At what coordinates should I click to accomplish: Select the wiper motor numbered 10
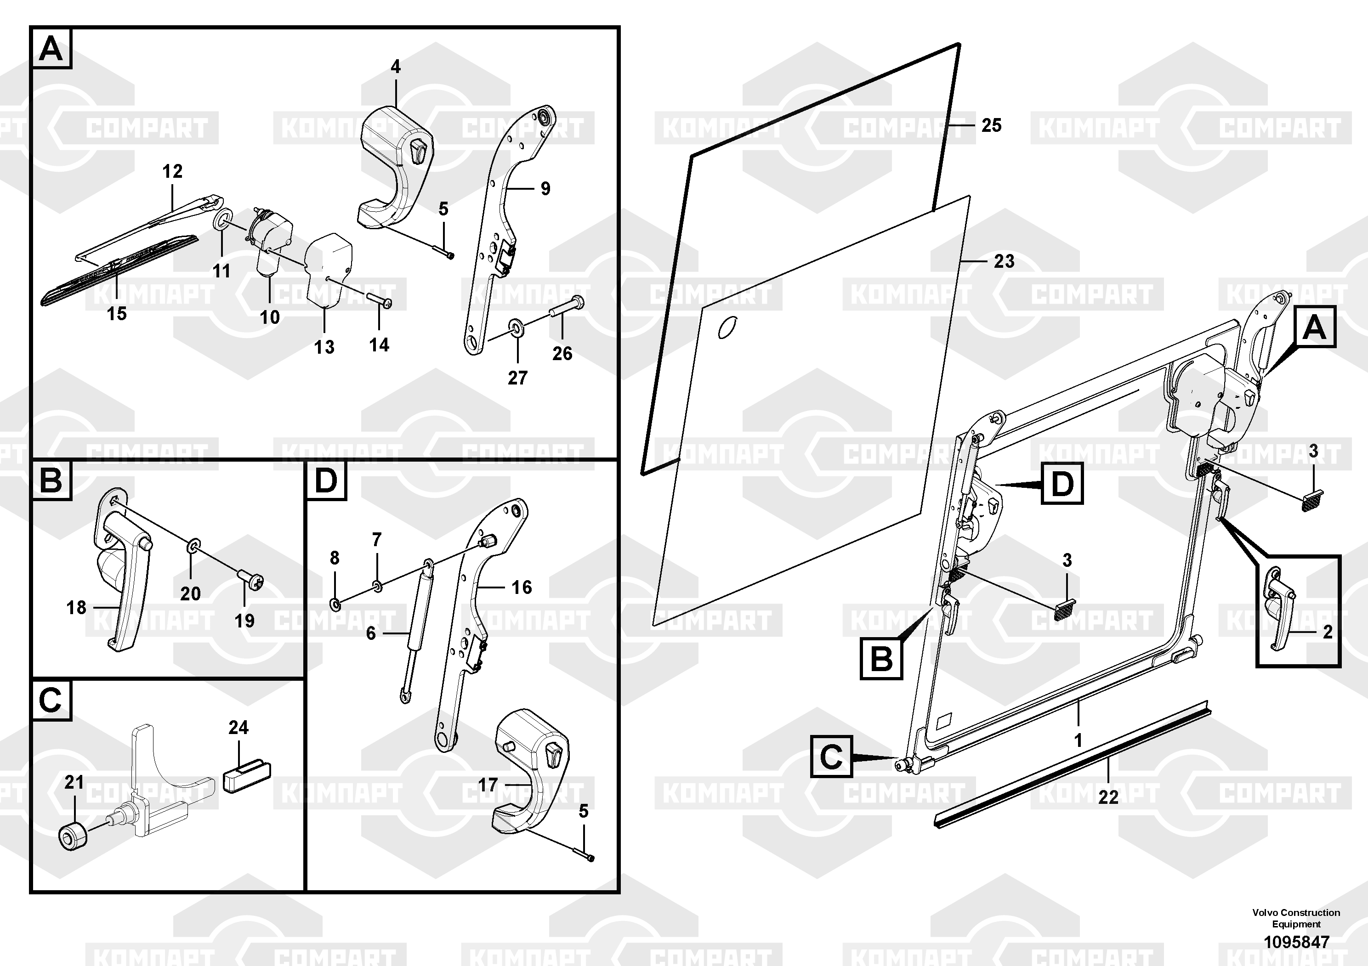click(x=272, y=238)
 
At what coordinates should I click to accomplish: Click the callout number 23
click(x=1004, y=261)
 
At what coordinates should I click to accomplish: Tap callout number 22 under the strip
click(x=1108, y=797)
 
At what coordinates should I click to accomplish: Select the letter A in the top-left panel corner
click(x=51, y=48)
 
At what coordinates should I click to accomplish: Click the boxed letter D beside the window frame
click(x=1062, y=485)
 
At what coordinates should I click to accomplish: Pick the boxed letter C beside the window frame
click(x=831, y=757)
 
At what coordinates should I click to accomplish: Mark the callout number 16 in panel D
click(x=522, y=587)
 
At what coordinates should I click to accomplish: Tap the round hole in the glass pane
click(x=727, y=327)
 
